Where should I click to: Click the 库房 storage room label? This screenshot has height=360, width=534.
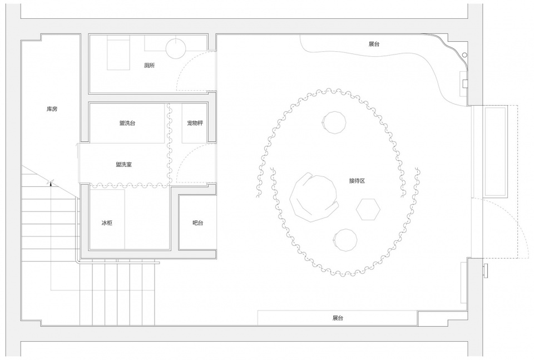click(x=52, y=109)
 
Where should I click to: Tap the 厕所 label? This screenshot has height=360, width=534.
click(x=150, y=66)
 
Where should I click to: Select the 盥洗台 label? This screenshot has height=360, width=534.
click(x=127, y=123)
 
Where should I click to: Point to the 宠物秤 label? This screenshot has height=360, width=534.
click(x=195, y=123)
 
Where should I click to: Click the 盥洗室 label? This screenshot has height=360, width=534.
click(x=123, y=165)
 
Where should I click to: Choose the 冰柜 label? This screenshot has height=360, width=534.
click(x=107, y=223)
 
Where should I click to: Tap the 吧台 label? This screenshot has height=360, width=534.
click(x=198, y=223)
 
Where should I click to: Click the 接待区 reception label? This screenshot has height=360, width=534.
click(x=357, y=181)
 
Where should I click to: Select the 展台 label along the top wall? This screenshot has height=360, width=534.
click(x=374, y=44)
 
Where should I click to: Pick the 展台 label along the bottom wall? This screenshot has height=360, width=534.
click(x=338, y=318)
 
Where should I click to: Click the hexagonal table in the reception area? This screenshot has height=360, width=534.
click(x=368, y=209)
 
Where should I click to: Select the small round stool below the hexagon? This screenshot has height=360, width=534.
click(x=345, y=240)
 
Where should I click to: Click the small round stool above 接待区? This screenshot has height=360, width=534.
click(x=334, y=122)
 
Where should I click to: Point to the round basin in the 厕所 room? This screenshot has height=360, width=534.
click(x=176, y=47)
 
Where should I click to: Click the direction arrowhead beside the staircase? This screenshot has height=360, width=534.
click(x=51, y=183)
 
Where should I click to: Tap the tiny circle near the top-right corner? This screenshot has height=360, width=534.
click(x=465, y=55)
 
